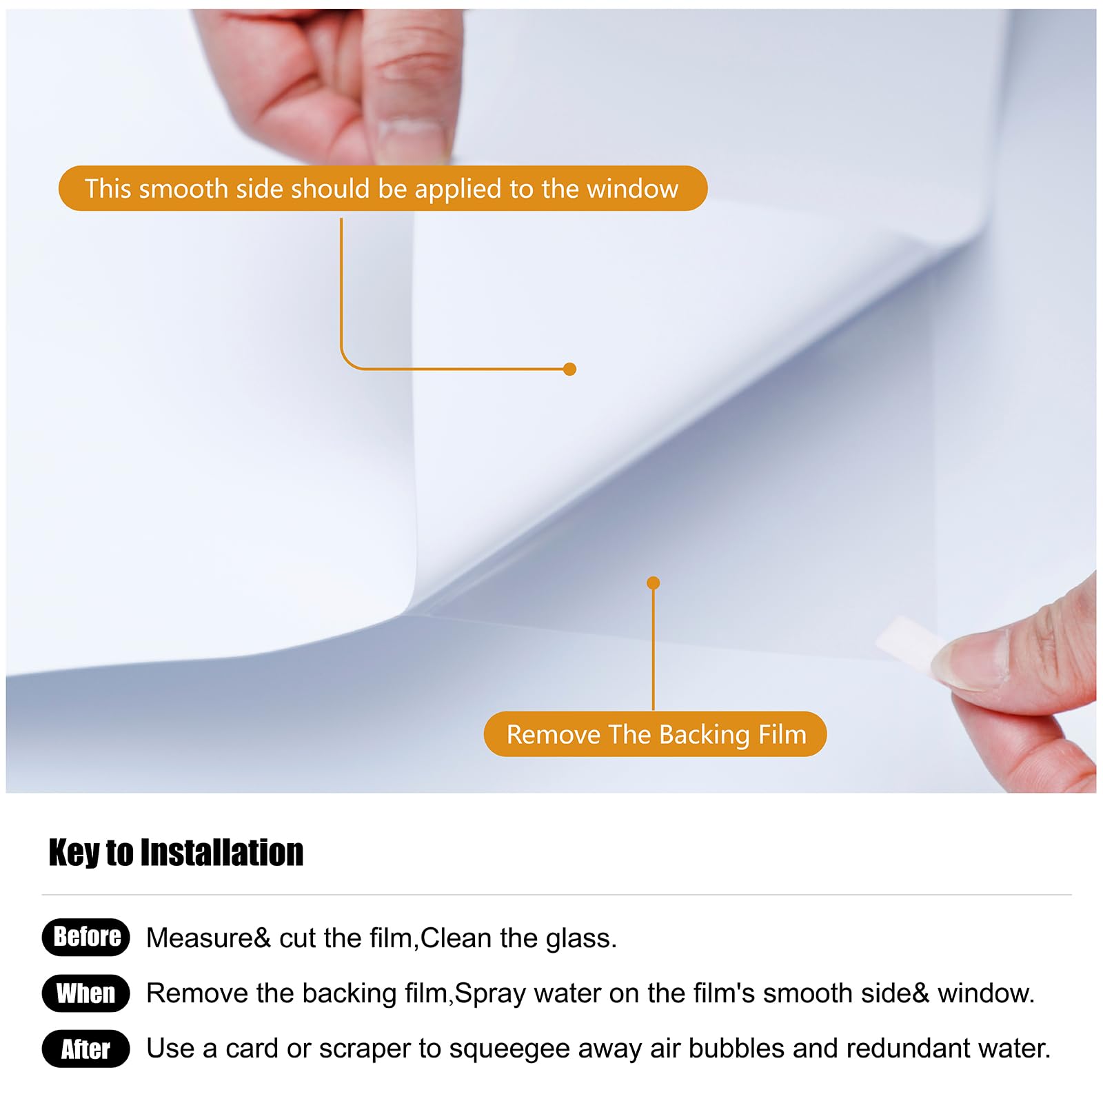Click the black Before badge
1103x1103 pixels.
pyautogui.click(x=86, y=937)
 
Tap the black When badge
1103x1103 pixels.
pyautogui.click(x=86, y=993)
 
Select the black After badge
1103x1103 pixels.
pyautogui.click(x=86, y=1049)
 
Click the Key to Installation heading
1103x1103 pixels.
pyautogui.click(x=176, y=853)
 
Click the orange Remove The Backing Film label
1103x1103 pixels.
pyautogui.click(x=655, y=734)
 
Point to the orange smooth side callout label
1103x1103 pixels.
pyautogui.click(x=383, y=188)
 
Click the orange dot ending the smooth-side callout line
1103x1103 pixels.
pyautogui.click(x=569, y=369)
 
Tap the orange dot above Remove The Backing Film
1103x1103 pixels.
pyautogui.click(x=654, y=583)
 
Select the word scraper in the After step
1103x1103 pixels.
pyautogui.click(x=365, y=1049)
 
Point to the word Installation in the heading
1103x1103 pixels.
pyautogui.click(x=222, y=853)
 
